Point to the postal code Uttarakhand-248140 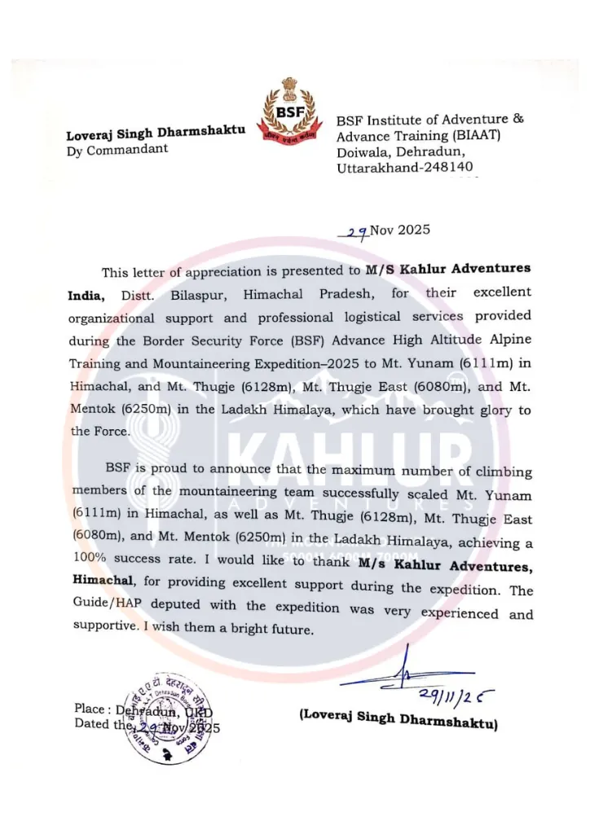click(x=404, y=168)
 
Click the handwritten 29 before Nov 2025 click(x=356, y=232)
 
